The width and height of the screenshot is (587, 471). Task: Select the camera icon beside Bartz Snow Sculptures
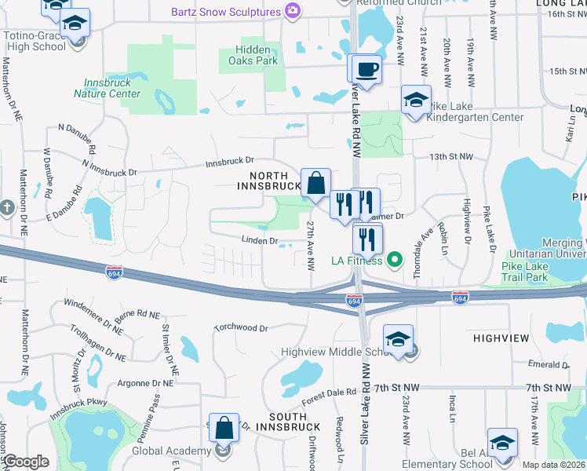tap(292, 12)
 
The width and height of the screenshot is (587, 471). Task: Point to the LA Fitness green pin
tap(396, 260)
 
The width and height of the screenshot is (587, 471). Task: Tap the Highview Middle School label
tap(336, 351)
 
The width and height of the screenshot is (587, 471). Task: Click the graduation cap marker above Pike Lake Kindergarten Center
tap(416, 100)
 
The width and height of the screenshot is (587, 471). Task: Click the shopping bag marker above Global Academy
tap(224, 428)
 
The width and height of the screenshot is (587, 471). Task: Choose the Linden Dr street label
tap(260, 241)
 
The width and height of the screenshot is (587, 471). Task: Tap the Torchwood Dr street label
tap(241, 327)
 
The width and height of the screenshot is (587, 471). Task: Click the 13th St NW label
tap(451, 157)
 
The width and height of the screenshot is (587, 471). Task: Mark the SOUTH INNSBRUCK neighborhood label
tap(283, 416)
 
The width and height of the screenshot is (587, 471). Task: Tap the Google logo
tap(27, 462)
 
